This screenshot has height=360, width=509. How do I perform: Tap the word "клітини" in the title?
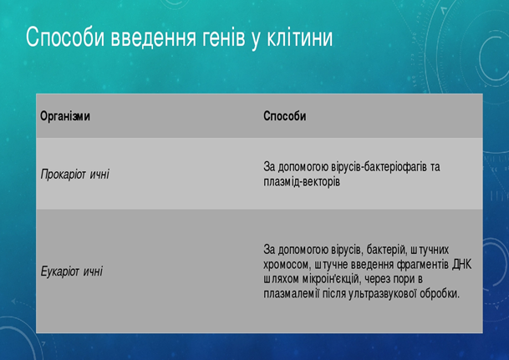(299, 38)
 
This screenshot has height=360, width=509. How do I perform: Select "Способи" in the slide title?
(65, 37)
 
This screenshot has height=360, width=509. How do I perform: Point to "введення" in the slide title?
(153, 38)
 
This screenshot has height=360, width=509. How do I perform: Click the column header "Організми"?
(65, 116)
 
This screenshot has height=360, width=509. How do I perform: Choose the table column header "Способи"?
(285, 116)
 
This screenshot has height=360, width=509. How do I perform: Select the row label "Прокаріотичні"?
(75, 175)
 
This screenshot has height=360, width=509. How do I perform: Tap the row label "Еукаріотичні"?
(72, 271)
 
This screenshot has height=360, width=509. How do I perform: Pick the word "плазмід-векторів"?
(302, 181)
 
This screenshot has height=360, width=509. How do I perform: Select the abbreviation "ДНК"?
(462, 264)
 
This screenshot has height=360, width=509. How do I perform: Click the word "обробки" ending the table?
(440, 293)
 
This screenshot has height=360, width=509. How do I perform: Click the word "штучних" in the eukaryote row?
(430, 250)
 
